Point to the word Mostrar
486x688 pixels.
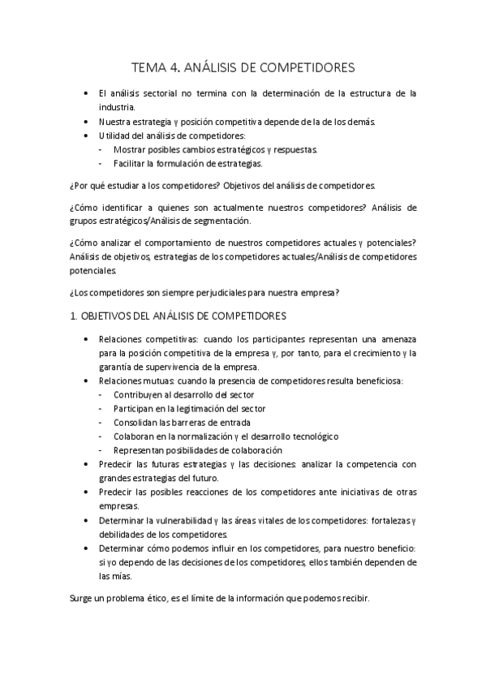click(x=129, y=149)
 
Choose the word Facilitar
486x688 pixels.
click(x=131, y=163)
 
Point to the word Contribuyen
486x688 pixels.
click(x=140, y=394)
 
